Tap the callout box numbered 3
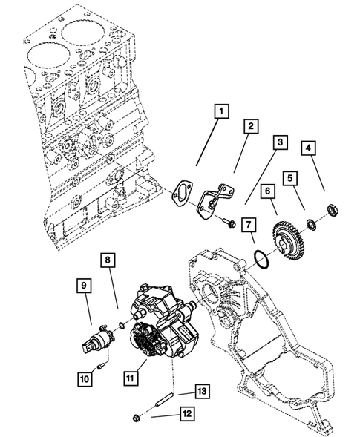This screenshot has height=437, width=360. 280,142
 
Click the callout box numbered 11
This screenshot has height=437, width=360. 131,378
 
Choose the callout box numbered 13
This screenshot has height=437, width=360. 203,390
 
